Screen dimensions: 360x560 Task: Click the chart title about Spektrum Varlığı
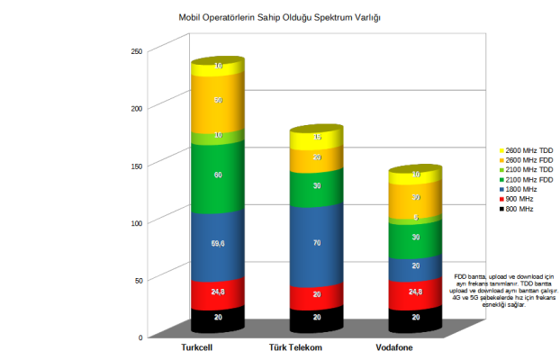coord(279,17)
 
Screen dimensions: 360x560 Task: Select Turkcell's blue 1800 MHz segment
coord(218,242)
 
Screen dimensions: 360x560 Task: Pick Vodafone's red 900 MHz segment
coord(415,292)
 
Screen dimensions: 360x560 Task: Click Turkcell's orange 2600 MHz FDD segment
coord(218,101)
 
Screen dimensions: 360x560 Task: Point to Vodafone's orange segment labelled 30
coord(415,197)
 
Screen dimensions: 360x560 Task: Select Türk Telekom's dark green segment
coord(316,185)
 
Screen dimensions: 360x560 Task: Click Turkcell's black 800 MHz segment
coord(218,317)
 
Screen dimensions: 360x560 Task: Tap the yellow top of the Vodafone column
coord(415,173)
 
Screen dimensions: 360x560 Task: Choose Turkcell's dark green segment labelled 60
coord(218,175)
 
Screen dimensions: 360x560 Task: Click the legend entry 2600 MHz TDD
coord(528,150)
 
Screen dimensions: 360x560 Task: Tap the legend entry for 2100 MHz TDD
coord(528,170)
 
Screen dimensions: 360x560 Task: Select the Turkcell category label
coord(198,347)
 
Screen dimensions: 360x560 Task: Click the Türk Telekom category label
coord(295,347)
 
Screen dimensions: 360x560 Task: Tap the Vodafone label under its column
coord(397,347)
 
